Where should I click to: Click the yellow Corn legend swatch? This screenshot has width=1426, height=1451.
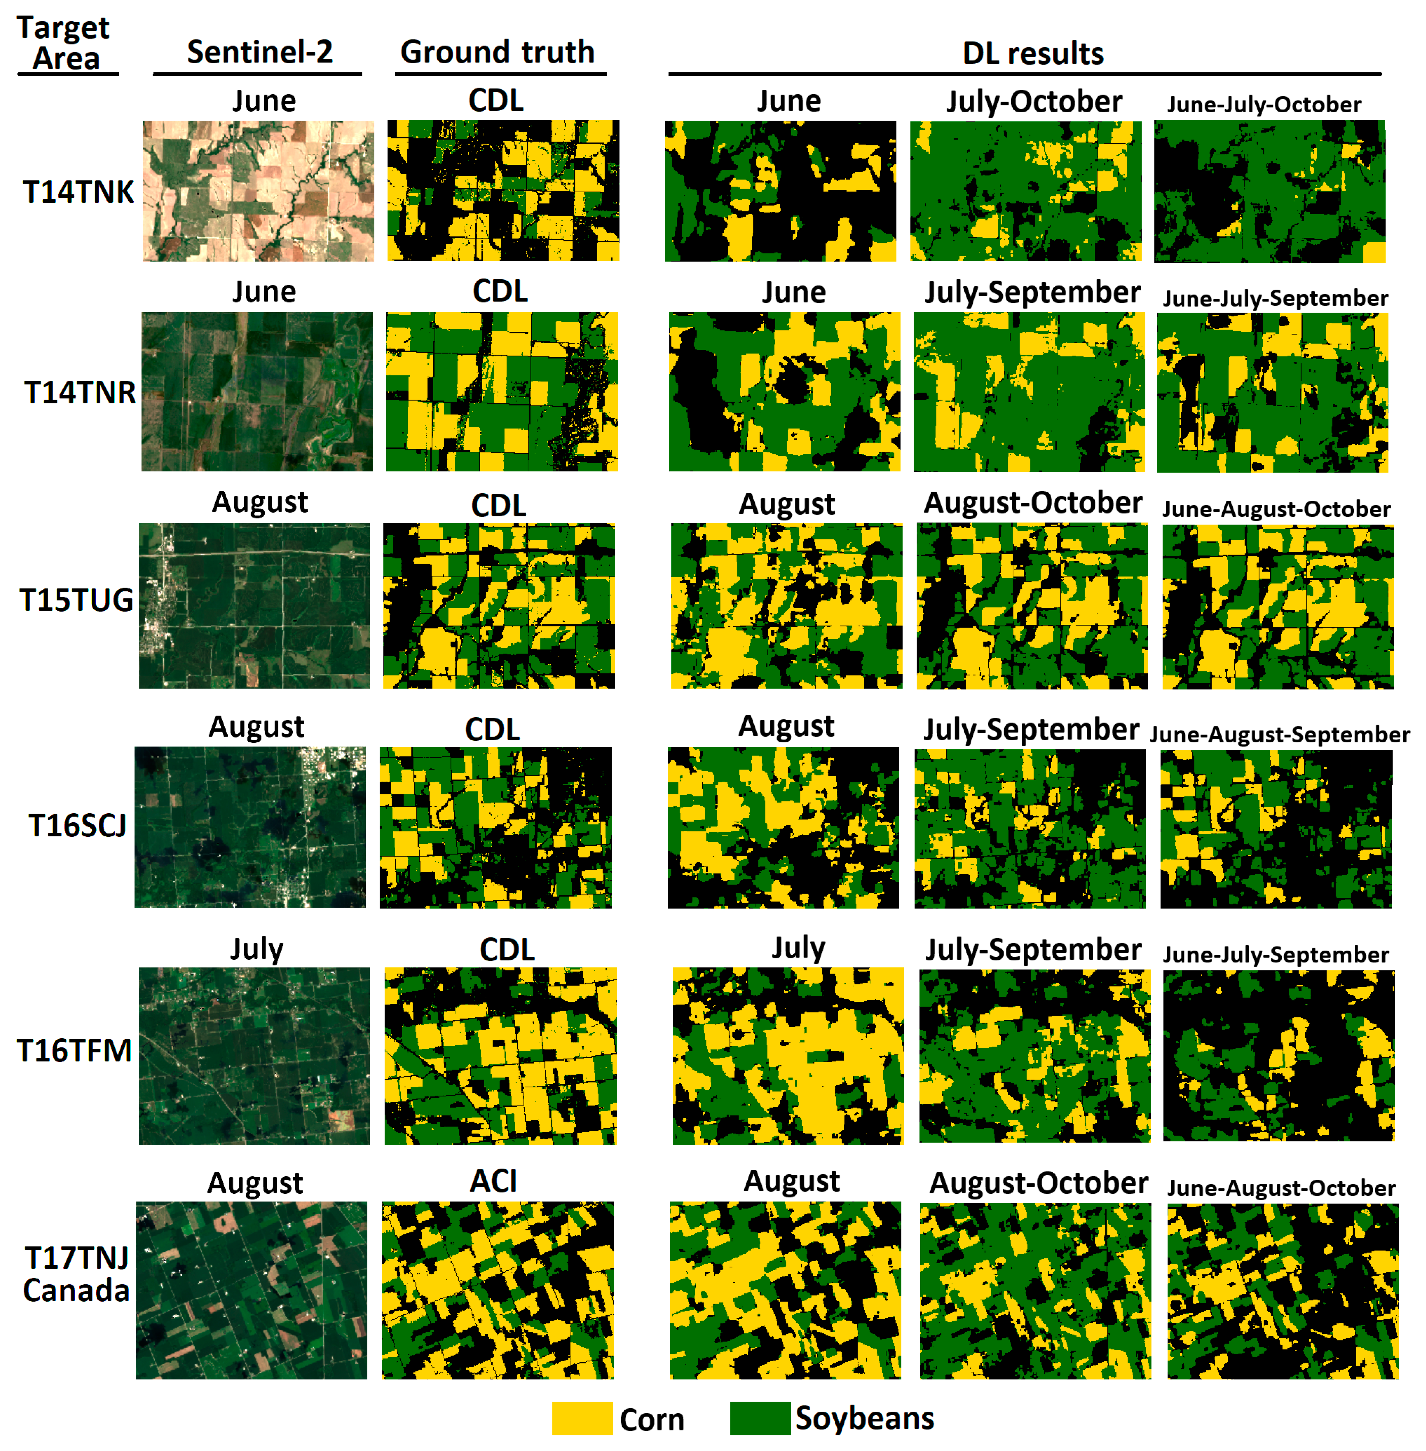582,1418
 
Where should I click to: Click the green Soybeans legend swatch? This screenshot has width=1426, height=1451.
760,1418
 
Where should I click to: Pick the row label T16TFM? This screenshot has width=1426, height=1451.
75,1050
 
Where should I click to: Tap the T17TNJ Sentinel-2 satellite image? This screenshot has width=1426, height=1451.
252,1290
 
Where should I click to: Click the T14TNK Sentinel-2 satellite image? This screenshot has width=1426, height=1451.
258,191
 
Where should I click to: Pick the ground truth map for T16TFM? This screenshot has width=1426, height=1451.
500,1055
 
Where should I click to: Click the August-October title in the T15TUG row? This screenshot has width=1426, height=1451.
1033,503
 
